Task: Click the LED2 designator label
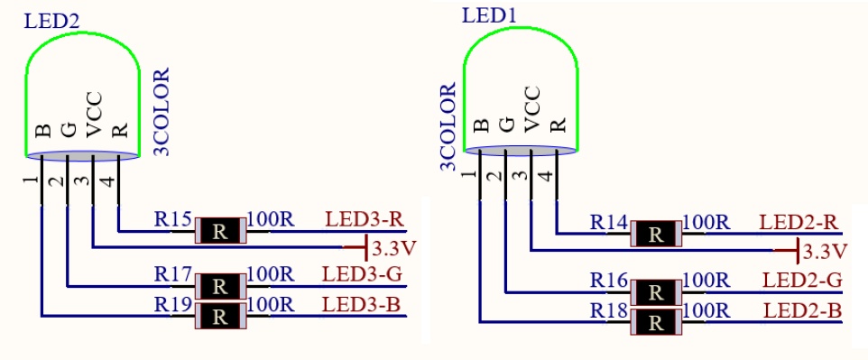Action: pos(52,22)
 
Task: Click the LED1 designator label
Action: pos(489,16)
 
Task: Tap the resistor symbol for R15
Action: pos(220,230)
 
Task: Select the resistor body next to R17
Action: pos(220,286)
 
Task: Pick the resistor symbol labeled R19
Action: pos(220,316)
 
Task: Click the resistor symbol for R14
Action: pos(656,234)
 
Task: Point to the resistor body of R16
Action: pos(656,291)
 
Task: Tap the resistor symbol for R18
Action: pos(656,322)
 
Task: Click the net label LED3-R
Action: pos(364,219)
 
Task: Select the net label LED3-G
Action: pos(362,274)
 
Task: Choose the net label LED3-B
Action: pos(362,305)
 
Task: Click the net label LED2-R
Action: pos(799,222)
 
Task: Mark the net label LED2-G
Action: pos(801,280)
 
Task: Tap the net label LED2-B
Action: pos(802,310)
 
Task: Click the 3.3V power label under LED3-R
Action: pos(394,249)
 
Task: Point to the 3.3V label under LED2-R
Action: pos(825,252)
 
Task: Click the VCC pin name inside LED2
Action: pos(94,114)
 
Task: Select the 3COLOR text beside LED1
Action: pos(448,126)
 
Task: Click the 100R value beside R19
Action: pos(271,305)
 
